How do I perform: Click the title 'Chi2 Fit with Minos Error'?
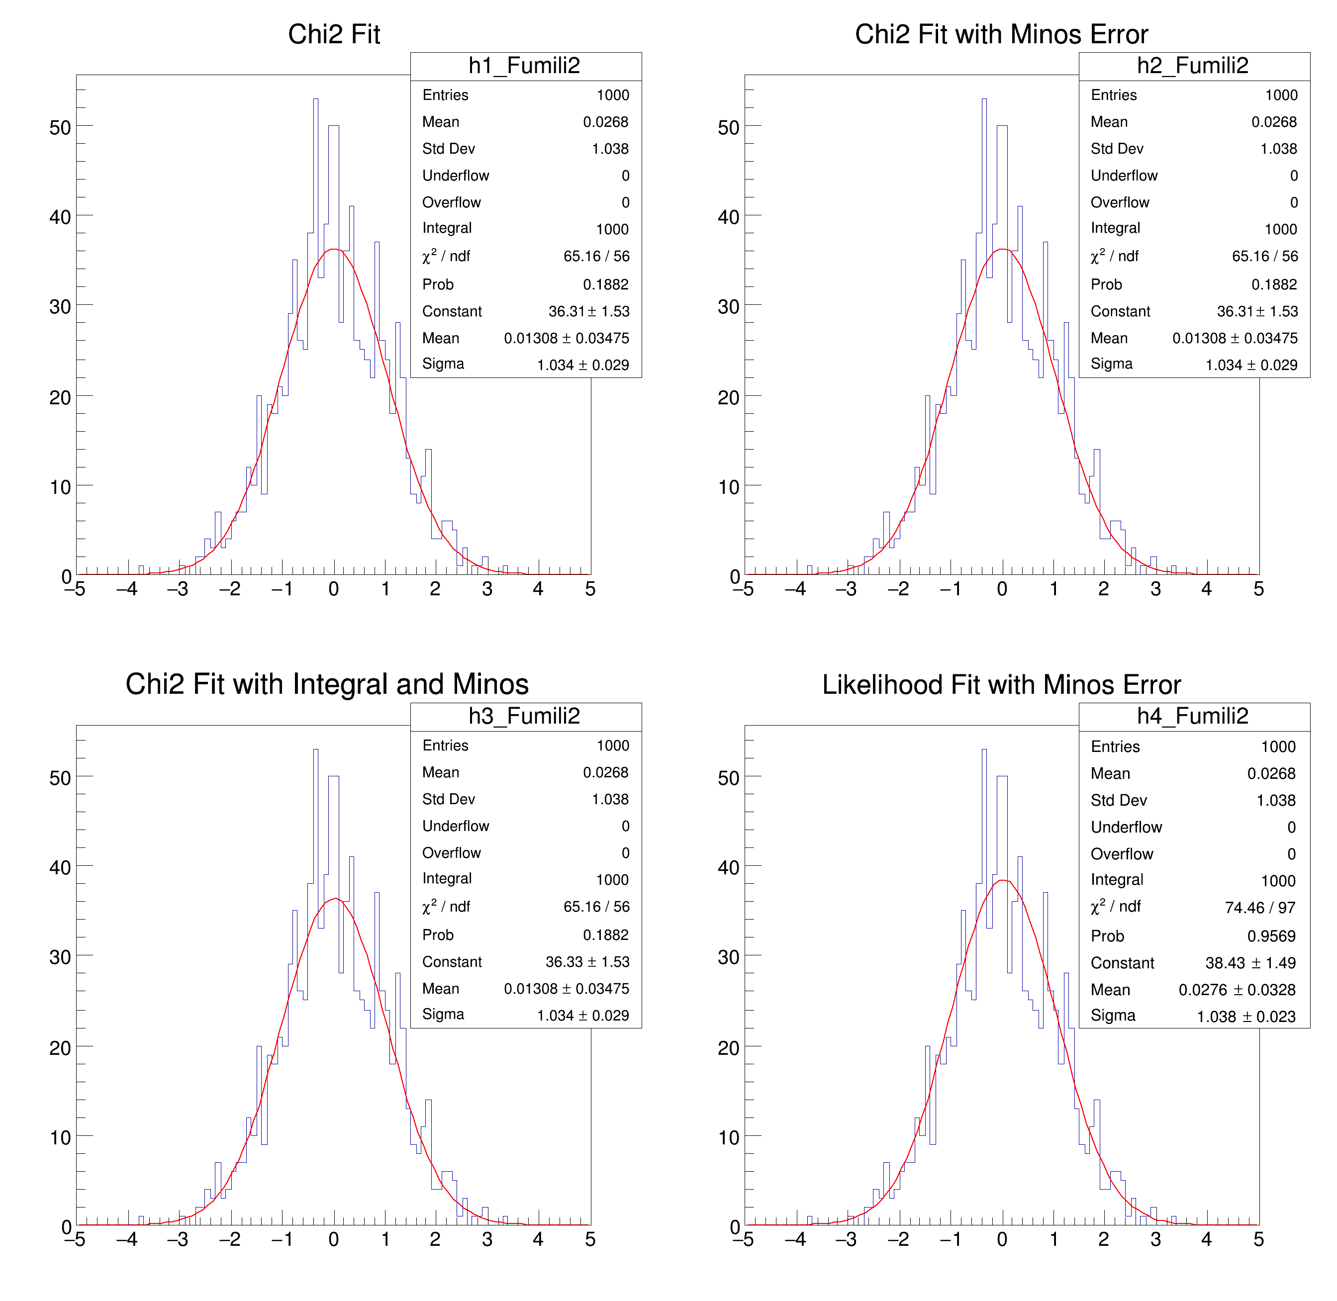pos(1001,34)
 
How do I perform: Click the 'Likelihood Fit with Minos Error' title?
pos(1001,685)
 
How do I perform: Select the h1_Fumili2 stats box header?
pos(524,66)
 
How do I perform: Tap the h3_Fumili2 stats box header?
pos(524,716)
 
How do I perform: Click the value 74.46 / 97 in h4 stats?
pos(1260,908)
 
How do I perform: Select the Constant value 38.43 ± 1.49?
pos(1250,963)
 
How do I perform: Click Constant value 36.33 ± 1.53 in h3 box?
pos(587,961)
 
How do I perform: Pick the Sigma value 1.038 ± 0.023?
pos(1245,1017)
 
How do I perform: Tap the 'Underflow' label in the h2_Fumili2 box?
pos(1124,176)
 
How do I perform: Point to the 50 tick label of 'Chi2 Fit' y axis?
pos(60,128)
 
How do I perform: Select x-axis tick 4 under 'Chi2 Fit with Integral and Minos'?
pos(538,1239)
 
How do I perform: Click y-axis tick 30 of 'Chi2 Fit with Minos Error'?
pos(729,307)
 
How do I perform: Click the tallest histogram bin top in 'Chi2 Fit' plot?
pos(316,100)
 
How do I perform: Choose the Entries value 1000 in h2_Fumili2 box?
pos(1281,95)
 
